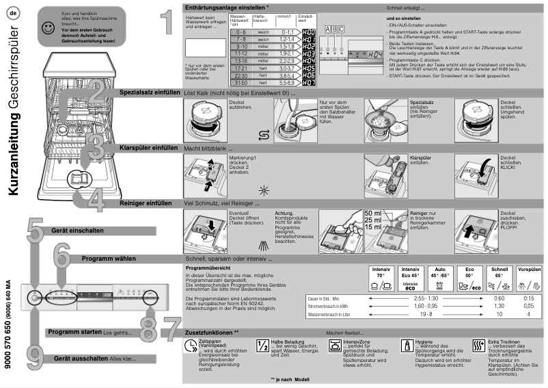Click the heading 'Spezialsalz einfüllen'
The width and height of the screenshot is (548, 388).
pos(150,92)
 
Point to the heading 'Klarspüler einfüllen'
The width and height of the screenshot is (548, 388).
pos(148,147)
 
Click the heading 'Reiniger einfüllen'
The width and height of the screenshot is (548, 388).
pos(145,203)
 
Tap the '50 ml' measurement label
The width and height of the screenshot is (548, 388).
pos(374,214)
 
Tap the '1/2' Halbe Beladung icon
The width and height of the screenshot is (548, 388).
pos(263,346)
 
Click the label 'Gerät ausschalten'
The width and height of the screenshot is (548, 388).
pos(82,358)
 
